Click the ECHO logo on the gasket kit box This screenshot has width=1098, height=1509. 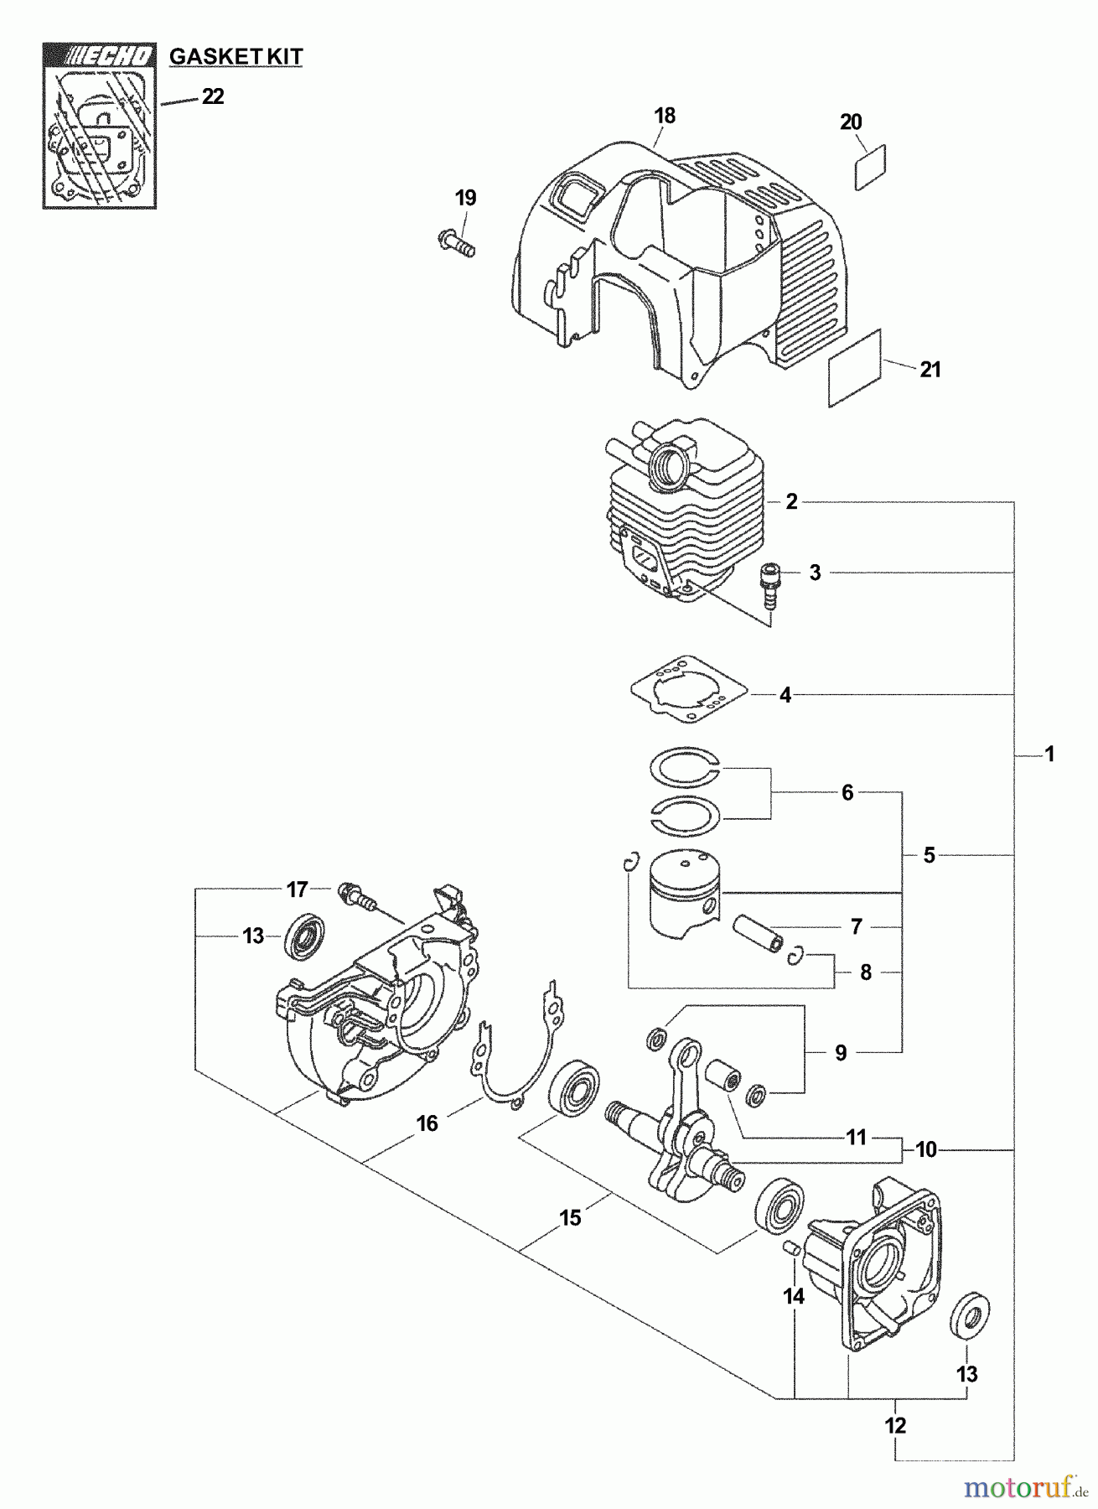(98, 56)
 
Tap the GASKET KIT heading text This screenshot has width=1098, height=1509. (236, 57)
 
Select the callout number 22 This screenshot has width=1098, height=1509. (213, 97)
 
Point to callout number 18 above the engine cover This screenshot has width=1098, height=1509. (665, 115)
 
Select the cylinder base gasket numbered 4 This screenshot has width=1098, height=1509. (691, 694)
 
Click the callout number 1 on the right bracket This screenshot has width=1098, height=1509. (1049, 754)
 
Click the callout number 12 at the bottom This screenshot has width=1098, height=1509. (896, 1424)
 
